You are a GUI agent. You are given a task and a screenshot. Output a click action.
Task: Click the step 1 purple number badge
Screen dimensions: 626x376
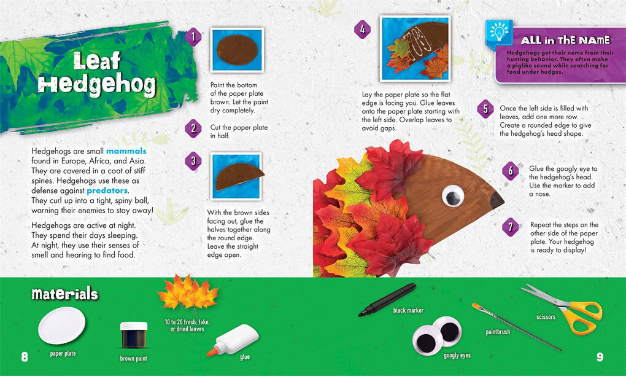click(x=193, y=37)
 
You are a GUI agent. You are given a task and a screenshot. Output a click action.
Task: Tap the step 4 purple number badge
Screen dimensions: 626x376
click(x=363, y=29)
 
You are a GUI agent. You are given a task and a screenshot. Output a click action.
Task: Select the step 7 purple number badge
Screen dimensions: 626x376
click(x=511, y=227)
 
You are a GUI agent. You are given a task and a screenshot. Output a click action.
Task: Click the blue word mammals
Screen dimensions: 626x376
click(x=126, y=151)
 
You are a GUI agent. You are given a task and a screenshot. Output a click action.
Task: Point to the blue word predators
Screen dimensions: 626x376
click(x=107, y=190)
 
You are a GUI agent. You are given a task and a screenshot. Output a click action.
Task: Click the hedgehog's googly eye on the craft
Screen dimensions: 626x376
click(x=453, y=196)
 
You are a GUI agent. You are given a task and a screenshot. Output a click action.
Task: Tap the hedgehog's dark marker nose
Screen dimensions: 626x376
click(x=497, y=200)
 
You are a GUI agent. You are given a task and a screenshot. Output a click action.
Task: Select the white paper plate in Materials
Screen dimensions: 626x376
click(x=62, y=326)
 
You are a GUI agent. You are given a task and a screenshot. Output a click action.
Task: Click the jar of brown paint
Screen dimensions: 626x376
click(x=134, y=335)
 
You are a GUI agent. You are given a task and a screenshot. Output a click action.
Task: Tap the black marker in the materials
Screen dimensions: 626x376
click(x=387, y=300)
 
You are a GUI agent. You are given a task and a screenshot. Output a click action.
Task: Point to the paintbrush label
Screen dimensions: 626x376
click(x=498, y=332)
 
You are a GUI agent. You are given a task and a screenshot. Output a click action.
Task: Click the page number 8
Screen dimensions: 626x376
click(x=25, y=356)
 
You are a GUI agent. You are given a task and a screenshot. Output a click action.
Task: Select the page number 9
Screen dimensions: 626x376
click(x=600, y=356)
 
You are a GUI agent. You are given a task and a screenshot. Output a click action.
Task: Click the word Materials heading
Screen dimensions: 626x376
click(x=64, y=294)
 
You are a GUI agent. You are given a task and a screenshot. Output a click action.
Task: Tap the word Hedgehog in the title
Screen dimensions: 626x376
click(x=97, y=85)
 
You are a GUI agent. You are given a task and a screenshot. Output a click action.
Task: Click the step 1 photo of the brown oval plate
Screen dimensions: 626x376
click(x=237, y=50)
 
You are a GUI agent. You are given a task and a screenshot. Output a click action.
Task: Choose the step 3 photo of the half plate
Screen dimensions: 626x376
click(x=236, y=176)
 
